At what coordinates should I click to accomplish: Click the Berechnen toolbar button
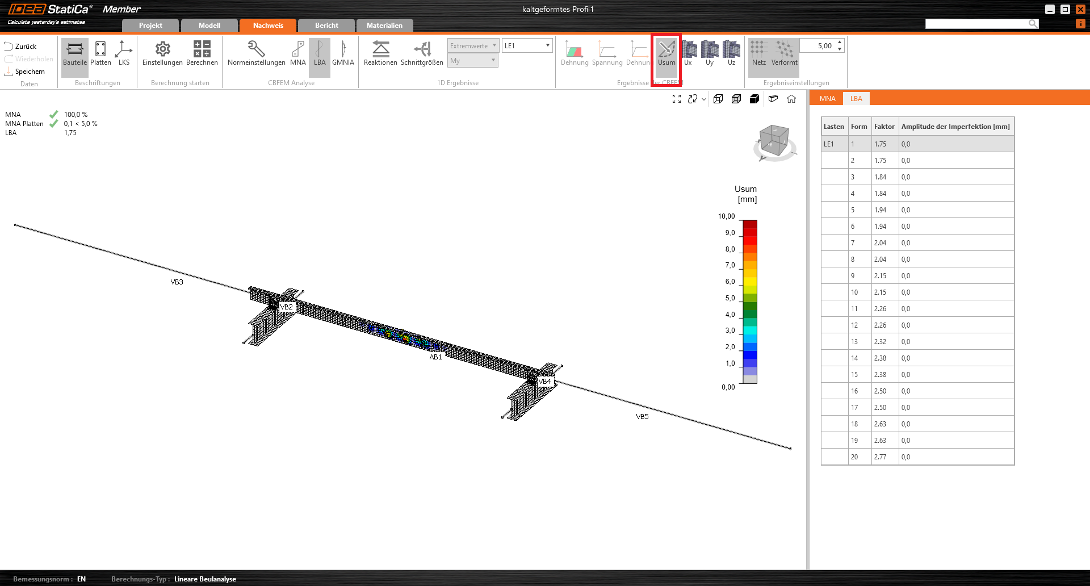(x=202, y=53)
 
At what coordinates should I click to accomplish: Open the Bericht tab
(x=326, y=26)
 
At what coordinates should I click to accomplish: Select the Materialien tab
(x=384, y=26)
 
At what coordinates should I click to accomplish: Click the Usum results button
(x=666, y=53)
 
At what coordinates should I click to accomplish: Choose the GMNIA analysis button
(x=343, y=53)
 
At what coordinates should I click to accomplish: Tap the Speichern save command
(x=25, y=72)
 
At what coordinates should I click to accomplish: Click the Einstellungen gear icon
(x=162, y=49)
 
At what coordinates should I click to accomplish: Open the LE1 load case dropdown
(x=527, y=45)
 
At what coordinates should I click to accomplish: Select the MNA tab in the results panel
(x=827, y=99)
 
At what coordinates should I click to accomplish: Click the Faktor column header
(x=884, y=127)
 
